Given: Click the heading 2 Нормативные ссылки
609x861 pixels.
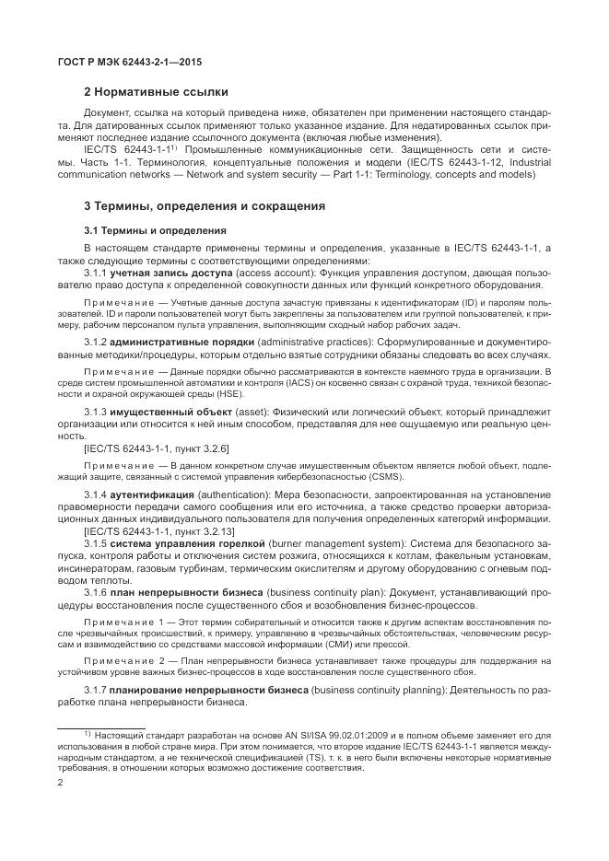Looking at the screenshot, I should click(x=156, y=92).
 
